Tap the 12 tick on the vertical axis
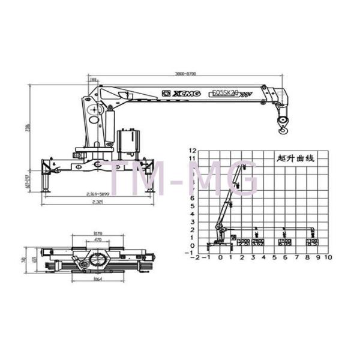193,150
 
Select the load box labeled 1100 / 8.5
313,242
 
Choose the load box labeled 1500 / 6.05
285,242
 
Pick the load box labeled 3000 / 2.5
243,242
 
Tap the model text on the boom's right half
226,93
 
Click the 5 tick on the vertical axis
193,206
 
